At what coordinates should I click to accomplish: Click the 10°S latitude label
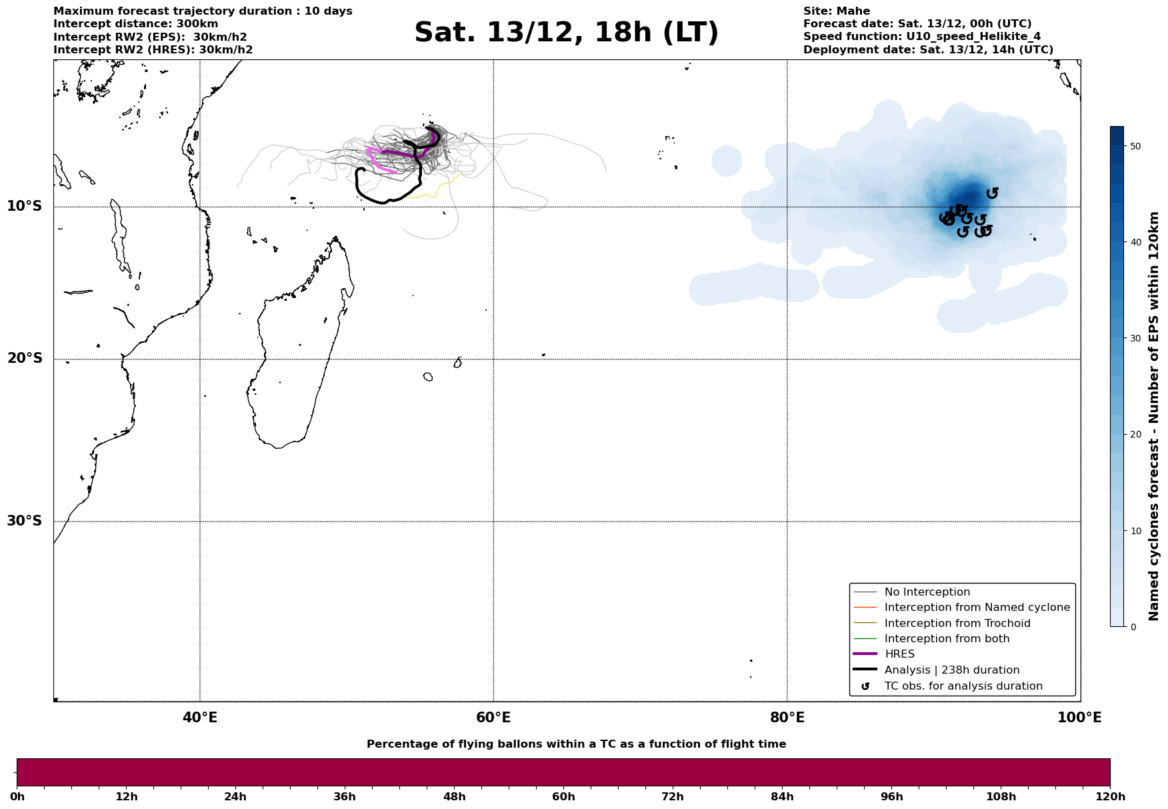[x=24, y=206]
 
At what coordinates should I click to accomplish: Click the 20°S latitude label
[x=24, y=359]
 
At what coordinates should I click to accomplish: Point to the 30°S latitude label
[x=24, y=521]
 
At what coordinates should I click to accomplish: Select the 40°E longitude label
[x=199, y=718]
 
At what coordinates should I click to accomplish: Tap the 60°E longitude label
[x=493, y=718]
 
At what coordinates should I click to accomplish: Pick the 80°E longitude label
[x=787, y=718]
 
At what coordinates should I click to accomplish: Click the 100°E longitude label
[x=1079, y=718]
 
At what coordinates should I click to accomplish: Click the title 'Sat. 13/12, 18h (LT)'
[x=566, y=33]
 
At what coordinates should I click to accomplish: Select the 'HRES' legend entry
[x=899, y=654]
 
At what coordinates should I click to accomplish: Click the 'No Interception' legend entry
[x=927, y=592]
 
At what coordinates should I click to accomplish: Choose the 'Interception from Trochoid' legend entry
[x=957, y=624]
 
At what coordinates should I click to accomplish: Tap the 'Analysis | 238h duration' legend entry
[x=951, y=670]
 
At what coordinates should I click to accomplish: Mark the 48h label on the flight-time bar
[x=454, y=797]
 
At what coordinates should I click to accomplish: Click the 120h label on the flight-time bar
[x=1109, y=797]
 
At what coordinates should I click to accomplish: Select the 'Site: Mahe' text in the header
[x=836, y=11]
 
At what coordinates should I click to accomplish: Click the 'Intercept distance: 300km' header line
[x=135, y=24]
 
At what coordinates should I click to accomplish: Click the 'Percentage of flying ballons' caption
[x=576, y=744]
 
